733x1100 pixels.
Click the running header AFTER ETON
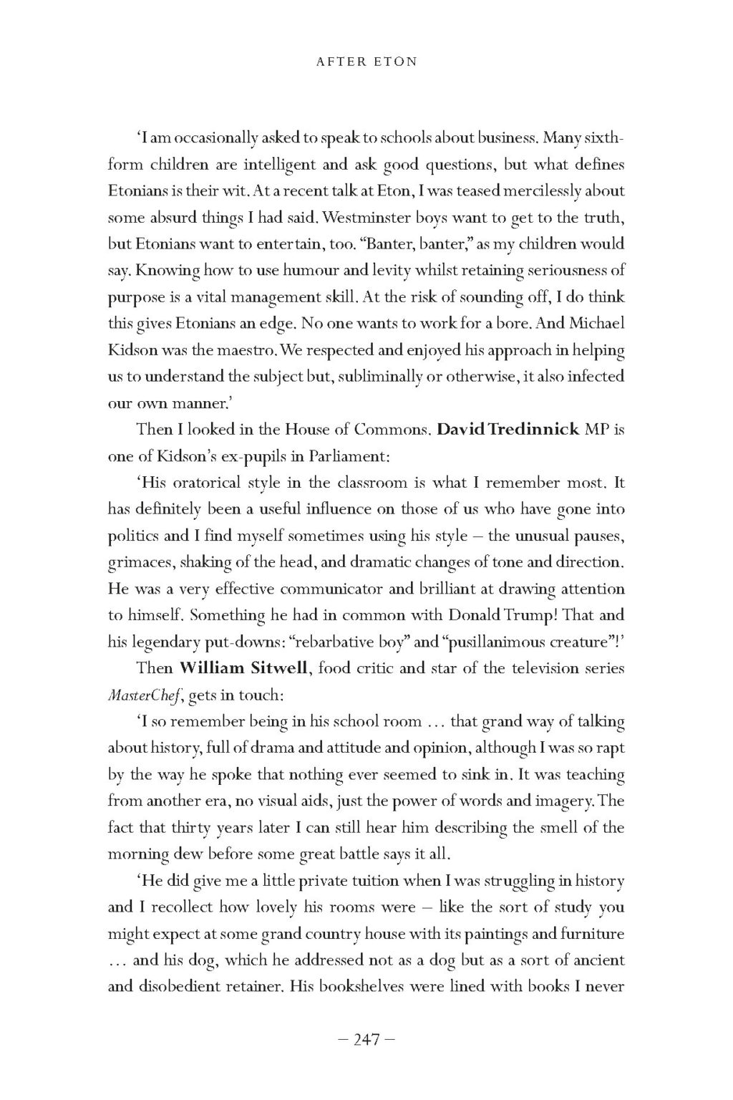click(x=366, y=62)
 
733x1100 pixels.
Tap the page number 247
click(x=366, y=1037)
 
